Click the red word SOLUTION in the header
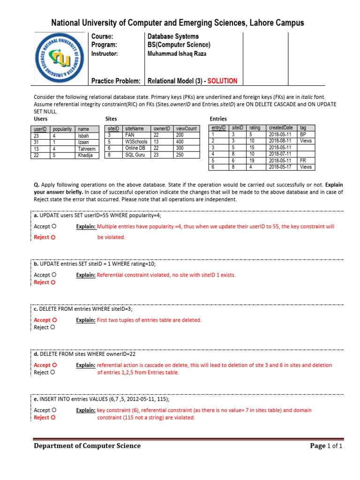tap(220, 81)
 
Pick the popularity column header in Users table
tap(62, 129)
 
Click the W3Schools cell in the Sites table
tap(136, 141)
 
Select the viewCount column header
tap(186, 128)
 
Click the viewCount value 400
tap(180, 141)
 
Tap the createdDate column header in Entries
tap(281, 127)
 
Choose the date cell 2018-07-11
tap(280, 154)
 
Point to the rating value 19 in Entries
tap(252, 160)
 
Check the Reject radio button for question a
tap(53, 238)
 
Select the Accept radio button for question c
tap(54, 320)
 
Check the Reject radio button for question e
tap(53, 418)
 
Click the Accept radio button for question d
tap(54, 365)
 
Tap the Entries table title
tap(218, 119)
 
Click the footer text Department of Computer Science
tap(87, 446)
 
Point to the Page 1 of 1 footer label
tap(326, 446)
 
